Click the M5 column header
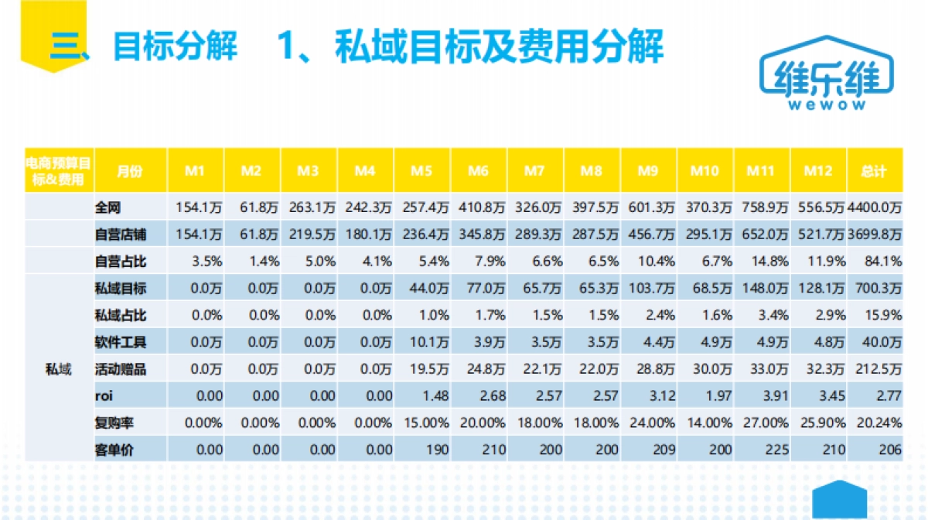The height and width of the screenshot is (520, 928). pos(421,171)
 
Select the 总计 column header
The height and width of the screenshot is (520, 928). pos(874,171)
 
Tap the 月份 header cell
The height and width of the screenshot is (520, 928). pos(130,171)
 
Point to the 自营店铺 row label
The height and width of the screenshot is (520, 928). pos(121,234)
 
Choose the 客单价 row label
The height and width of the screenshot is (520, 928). pos(114,450)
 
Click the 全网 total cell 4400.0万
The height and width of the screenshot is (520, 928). pos(875,207)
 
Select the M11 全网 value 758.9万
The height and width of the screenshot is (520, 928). pos(761,207)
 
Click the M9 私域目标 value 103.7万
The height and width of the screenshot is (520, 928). pos(648,289)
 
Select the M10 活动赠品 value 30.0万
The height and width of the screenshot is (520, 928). pos(705,369)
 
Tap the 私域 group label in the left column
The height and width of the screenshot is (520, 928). pos(59,369)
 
